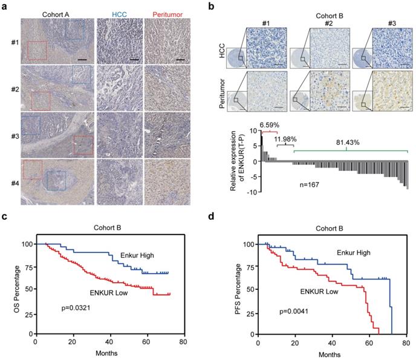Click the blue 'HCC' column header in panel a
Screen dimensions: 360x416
click(x=118, y=12)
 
